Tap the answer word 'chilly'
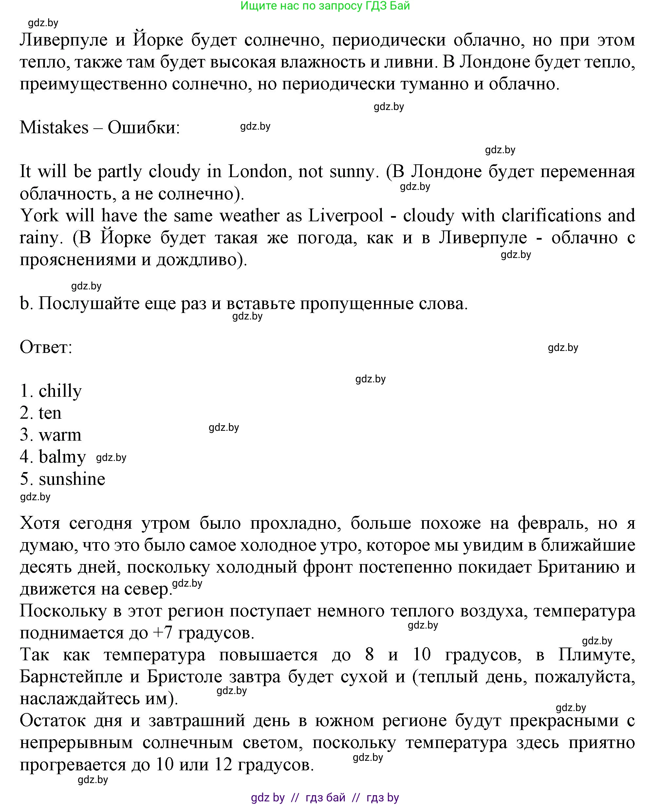point(60,391)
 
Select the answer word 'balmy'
point(62,457)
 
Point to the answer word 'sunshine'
point(72,479)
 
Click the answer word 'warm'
point(60,435)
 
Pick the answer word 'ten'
point(50,413)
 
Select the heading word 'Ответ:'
point(46,347)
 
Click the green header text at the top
point(325,6)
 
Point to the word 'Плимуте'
point(596,655)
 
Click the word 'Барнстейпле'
point(71,677)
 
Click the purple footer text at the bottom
point(325,797)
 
